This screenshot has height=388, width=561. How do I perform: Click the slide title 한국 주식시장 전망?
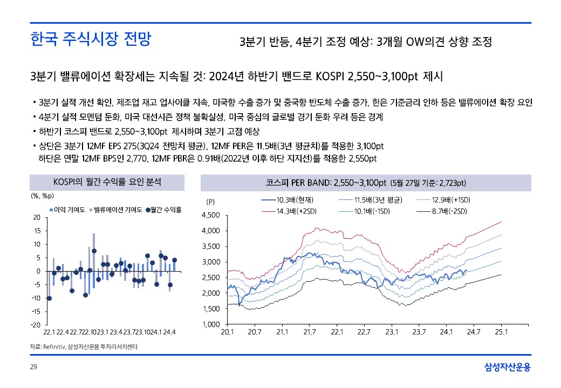pyautogui.click(x=91, y=40)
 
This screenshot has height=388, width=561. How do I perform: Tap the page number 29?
pyautogui.click(x=33, y=368)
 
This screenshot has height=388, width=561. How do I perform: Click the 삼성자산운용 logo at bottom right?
pyautogui.click(x=507, y=368)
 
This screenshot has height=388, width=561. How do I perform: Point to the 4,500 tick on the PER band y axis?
pyautogui.click(x=209, y=216)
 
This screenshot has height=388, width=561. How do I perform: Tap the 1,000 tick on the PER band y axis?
pyautogui.click(x=209, y=324)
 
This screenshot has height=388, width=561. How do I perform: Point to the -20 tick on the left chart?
pyautogui.click(x=37, y=324)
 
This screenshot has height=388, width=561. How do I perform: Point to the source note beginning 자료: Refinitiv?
pyautogui.click(x=84, y=347)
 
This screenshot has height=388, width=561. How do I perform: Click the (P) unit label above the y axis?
pyautogui.click(x=211, y=202)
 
